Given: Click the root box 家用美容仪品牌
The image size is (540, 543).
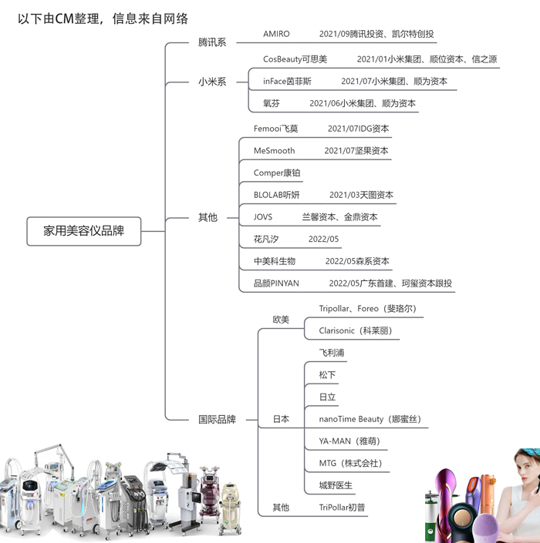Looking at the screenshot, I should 84,230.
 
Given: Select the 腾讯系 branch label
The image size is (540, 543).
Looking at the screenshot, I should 212,42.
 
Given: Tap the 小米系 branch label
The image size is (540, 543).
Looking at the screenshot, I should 212,81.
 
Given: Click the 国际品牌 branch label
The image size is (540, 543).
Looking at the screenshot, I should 217,419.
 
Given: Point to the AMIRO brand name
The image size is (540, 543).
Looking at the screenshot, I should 276,34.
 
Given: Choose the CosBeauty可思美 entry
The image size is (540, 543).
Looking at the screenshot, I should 295,59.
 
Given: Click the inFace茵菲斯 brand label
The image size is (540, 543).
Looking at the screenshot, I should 287,81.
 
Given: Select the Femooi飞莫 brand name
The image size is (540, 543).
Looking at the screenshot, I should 275,129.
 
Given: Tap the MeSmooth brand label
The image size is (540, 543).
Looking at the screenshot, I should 274,151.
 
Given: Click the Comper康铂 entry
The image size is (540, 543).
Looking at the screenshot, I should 277,173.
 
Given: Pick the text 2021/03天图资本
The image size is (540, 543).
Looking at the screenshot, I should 361,195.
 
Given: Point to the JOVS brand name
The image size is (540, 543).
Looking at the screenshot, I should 263,217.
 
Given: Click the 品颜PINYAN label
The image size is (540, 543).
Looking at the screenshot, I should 276,283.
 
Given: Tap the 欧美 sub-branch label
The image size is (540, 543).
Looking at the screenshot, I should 281,320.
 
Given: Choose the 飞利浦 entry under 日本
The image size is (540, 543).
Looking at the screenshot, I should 332,353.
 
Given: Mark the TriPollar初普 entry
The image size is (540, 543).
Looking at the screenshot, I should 343,508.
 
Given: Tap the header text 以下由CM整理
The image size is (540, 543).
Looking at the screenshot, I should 57,18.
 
